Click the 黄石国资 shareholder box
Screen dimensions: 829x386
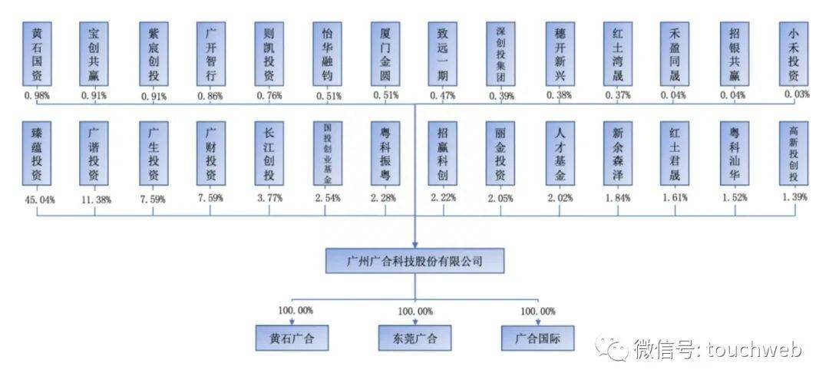coord(37,54)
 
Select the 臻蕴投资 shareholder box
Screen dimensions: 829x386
coord(37,153)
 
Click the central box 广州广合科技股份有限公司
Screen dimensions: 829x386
coord(415,261)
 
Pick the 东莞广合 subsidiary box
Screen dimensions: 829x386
coord(415,338)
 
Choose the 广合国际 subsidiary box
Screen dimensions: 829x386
coord(537,338)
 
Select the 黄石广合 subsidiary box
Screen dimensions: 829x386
coord(292,338)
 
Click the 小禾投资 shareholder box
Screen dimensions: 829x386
coord(794,54)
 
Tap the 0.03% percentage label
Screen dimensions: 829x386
coord(798,94)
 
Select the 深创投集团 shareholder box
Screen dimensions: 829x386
coord(500,54)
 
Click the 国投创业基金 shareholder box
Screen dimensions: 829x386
coord(327,153)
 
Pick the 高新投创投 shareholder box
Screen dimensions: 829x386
coord(794,153)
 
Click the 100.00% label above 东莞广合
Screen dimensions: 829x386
coord(415,312)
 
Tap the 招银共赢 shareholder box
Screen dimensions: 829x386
coord(735,54)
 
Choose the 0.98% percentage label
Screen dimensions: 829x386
coord(36,95)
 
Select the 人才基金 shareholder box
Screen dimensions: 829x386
coord(560,153)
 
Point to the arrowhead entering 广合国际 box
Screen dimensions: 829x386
coord(537,322)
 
